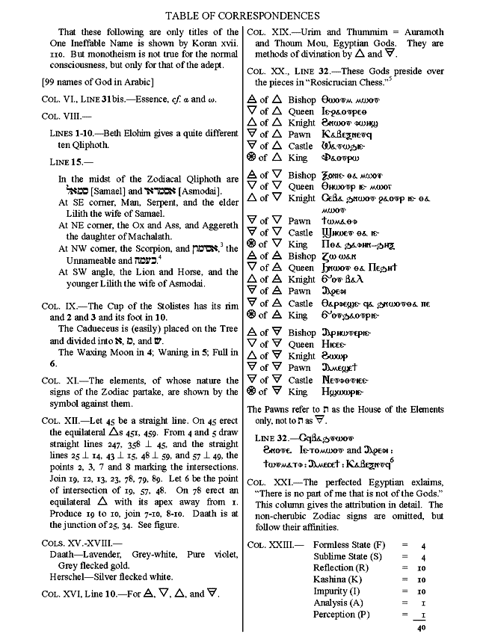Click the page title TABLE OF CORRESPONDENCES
click(x=242, y=15)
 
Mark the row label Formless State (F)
click(x=349, y=545)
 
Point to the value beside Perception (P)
click(x=422, y=615)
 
